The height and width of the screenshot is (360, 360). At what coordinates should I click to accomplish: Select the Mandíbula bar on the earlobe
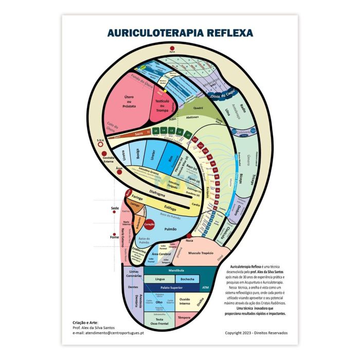[175, 270]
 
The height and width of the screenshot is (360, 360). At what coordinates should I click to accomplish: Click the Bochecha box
[187, 279]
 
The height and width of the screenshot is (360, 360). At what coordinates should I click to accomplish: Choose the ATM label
[206, 287]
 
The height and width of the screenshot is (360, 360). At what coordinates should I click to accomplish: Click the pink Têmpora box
[184, 318]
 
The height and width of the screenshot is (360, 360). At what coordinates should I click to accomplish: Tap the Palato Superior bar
[169, 287]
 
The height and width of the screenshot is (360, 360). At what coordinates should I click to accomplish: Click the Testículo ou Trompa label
[163, 106]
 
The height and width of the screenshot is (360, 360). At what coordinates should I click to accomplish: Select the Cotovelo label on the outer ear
[238, 133]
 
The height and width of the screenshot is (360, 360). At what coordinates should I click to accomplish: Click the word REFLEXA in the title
[229, 33]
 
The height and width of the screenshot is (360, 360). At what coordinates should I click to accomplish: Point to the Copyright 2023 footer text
[256, 333]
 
